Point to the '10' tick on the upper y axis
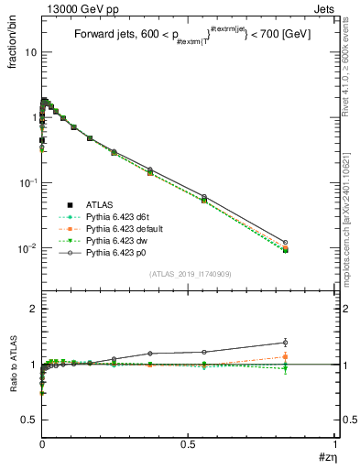29,52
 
